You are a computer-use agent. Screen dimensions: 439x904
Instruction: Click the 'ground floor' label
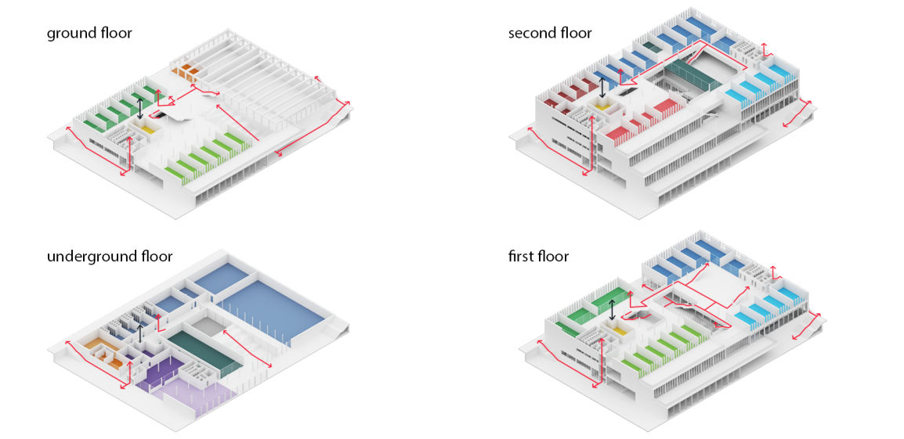pos(89,33)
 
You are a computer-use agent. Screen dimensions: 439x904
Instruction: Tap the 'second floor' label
pos(550,33)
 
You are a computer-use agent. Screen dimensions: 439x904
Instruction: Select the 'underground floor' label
pos(110,256)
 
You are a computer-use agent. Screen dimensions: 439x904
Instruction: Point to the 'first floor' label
pos(538,256)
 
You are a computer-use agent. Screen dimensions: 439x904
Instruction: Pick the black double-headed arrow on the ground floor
pos(140,106)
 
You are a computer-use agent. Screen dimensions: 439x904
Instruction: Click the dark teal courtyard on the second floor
pos(689,78)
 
